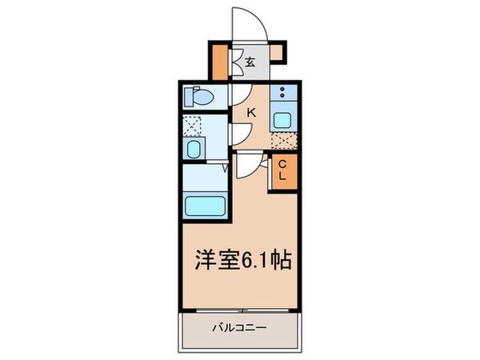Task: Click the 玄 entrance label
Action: (250, 62)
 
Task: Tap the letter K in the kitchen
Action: (250, 113)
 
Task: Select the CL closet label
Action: (282, 170)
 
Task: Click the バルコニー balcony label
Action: (239, 327)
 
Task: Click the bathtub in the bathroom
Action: (206, 205)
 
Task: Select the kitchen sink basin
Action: (284, 121)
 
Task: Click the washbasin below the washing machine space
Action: (194, 150)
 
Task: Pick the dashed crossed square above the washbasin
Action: (193, 125)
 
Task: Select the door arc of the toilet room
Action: (238, 95)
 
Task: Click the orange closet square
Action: (282, 170)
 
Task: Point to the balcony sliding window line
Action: (241, 310)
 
